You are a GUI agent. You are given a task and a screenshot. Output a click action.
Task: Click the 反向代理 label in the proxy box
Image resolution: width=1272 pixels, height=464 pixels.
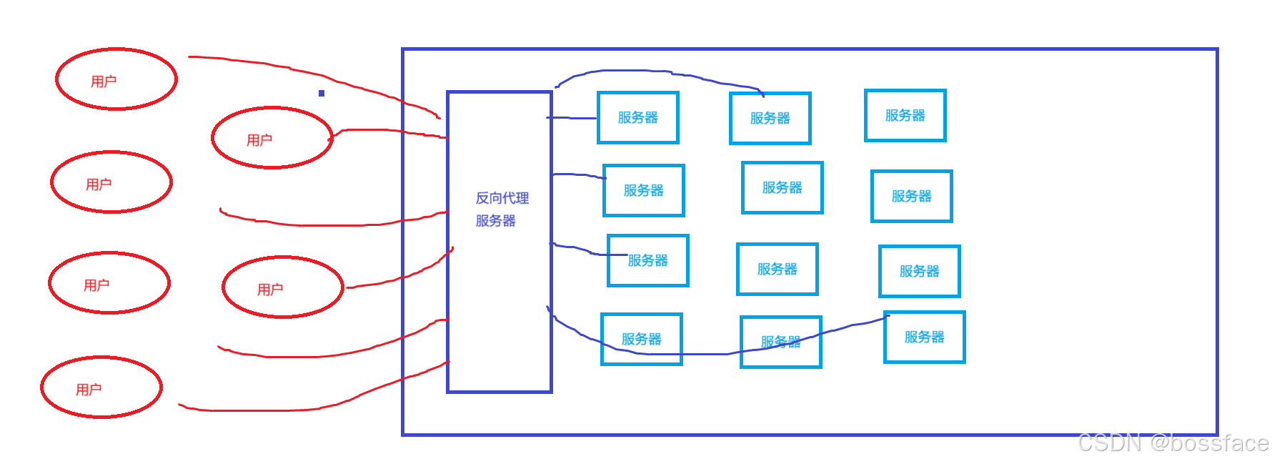[x=502, y=198]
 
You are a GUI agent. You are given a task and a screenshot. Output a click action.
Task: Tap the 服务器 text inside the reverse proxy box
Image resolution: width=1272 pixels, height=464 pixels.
[x=495, y=221]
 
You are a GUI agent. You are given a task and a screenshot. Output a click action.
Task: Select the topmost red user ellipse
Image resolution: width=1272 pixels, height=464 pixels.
[x=116, y=79]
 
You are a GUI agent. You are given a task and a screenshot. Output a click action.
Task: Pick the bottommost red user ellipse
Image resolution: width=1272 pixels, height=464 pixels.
[x=101, y=388]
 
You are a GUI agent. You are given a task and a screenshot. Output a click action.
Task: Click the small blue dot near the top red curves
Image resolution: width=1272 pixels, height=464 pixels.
[x=322, y=93]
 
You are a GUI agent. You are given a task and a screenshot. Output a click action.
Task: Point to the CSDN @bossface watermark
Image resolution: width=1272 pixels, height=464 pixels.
[x=1172, y=443]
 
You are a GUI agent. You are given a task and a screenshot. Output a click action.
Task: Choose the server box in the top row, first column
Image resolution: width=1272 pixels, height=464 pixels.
[x=638, y=118]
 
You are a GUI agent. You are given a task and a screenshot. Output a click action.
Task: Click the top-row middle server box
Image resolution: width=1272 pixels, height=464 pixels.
[x=770, y=119]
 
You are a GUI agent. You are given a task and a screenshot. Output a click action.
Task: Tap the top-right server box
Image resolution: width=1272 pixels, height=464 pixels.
[x=905, y=116]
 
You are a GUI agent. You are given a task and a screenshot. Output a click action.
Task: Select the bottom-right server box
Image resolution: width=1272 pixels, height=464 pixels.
[x=925, y=337]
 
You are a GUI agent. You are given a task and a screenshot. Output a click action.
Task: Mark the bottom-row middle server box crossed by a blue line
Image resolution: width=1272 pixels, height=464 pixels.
[x=781, y=342]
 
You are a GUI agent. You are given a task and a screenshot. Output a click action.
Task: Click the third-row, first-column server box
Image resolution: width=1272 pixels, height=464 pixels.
[x=648, y=261]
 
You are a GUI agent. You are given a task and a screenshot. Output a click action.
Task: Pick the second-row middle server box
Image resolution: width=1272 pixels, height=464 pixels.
[x=782, y=188]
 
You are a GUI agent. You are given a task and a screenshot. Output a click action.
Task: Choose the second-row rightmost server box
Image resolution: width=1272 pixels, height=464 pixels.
[x=912, y=197]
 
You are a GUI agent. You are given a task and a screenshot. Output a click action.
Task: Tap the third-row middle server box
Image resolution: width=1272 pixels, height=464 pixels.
[x=777, y=270]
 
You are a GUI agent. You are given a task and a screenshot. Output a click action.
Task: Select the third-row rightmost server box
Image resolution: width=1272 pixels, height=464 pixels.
[x=920, y=272]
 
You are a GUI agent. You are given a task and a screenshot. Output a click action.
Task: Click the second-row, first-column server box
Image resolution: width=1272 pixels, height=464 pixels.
[x=644, y=191]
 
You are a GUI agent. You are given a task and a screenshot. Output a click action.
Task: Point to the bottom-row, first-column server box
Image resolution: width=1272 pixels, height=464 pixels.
[x=642, y=340]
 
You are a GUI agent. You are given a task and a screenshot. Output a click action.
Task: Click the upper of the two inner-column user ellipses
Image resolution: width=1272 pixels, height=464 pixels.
[x=272, y=138]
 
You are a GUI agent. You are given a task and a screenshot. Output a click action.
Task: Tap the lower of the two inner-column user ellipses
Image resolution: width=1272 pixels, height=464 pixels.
[x=283, y=287]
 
